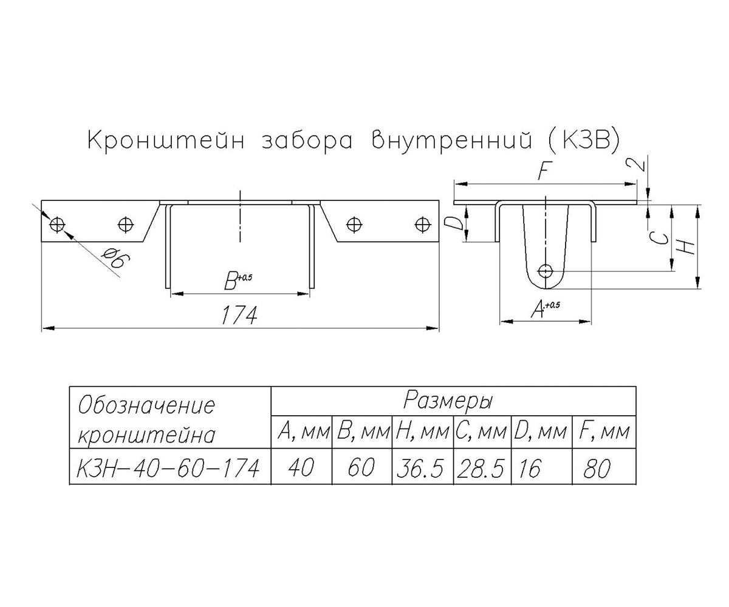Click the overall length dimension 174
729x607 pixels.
coord(239,315)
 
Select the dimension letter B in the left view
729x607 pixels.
coord(230,281)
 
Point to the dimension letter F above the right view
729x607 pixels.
coord(545,171)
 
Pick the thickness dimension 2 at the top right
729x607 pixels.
coord(640,164)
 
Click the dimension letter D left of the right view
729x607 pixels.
coord(454,223)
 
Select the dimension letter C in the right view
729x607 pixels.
coord(659,239)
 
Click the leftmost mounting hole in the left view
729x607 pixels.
coord(57,225)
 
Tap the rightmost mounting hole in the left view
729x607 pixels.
coord(422,225)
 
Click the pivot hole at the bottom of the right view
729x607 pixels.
coord(545,271)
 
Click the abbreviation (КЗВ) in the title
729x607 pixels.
coord(584,141)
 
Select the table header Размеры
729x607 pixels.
coord(448,401)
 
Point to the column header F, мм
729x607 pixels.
coord(604,432)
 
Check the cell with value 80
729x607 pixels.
coord(597,468)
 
